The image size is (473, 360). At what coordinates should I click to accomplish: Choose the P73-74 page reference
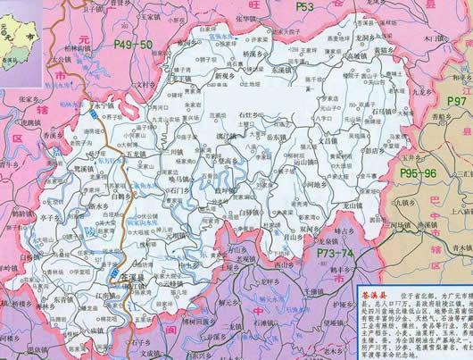pos(338,255)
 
